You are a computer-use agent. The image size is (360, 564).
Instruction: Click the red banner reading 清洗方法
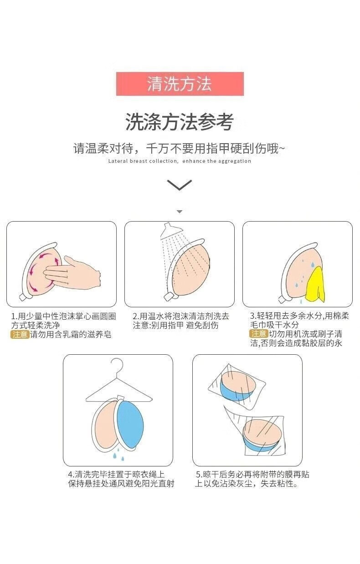[180, 84]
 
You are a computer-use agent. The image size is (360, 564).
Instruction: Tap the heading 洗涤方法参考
[180, 122]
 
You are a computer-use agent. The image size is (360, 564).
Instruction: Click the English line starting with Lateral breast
[180, 161]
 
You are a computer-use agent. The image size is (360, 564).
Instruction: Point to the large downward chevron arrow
[180, 185]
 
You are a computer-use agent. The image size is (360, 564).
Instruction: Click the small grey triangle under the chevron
[180, 212]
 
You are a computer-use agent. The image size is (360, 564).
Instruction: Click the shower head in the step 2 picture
[171, 231]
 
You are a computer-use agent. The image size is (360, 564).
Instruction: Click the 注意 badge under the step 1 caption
[20, 335]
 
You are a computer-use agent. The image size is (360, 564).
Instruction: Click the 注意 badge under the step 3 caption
[259, 334]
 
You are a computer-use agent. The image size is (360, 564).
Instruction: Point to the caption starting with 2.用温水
[181, 321]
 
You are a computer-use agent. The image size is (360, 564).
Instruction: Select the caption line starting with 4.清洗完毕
[116, 474]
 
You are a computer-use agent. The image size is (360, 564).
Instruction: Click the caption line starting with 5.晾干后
[252, 474]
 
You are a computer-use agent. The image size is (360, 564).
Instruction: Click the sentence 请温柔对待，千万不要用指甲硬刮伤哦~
[179, 149]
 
